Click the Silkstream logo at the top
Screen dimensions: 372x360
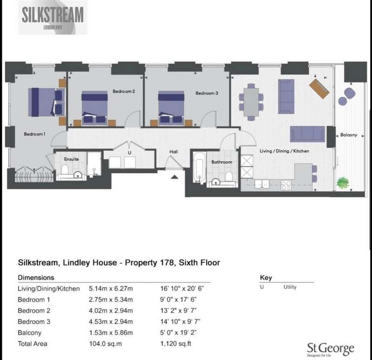click(53, 17)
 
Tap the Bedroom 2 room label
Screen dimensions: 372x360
click(124, 91)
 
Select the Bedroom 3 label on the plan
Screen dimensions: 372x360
click(206, 93)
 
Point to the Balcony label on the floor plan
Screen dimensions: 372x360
click(348, 135)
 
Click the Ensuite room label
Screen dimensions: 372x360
click(72, 159)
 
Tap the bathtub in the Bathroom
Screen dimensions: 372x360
click(199, 168)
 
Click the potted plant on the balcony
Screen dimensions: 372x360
click(343, 183)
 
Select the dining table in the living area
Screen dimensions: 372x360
click(251, 102)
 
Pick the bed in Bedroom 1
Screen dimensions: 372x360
click(46, 102)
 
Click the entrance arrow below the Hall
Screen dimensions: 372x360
click(175, 177)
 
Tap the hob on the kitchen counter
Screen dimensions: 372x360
click(286, 185)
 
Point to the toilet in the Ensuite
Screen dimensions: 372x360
click(65, 169)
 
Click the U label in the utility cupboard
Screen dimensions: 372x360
click(130, 153)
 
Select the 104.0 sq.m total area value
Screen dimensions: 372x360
click(106, 344)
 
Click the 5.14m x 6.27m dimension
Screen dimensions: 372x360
click(111, 288)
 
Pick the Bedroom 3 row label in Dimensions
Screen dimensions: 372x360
click(34, 321)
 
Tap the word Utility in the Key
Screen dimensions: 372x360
click(290, 287)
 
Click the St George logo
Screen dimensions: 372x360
click(331, 349)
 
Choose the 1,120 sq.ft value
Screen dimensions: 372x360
click(176, 344)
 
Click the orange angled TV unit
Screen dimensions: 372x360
click(319, 89)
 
